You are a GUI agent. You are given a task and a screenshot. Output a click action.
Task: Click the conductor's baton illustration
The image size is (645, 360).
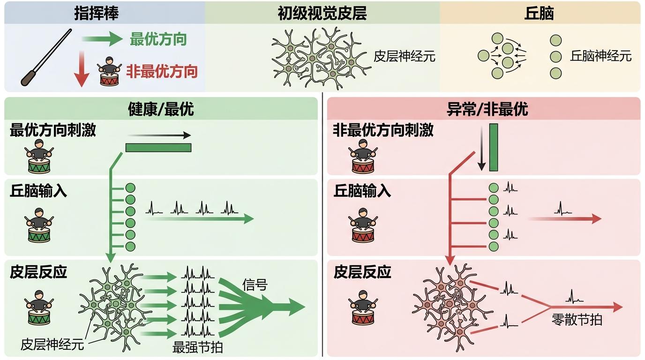coord(46,58)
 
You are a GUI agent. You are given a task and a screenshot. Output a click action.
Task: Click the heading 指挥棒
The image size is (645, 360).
coord(97,13)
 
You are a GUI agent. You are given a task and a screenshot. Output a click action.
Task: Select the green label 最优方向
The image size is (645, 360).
coord(158,39)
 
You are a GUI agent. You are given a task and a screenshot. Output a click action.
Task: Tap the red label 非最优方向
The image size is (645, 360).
coord(162,72)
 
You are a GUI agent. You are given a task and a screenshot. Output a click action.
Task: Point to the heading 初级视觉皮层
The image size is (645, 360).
coord(322,13)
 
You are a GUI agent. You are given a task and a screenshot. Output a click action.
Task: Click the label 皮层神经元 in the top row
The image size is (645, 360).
coord(405,57)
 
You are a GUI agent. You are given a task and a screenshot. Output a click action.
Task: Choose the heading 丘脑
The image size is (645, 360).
coord(539,13)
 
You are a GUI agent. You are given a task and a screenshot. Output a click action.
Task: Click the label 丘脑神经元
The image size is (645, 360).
coord(601,56)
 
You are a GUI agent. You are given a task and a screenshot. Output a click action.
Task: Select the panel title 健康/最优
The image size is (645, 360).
coord(161,109)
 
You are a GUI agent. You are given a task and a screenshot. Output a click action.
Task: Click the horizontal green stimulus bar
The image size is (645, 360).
coord(158,148)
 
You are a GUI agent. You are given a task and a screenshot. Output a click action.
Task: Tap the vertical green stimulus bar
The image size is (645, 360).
coord(493,148)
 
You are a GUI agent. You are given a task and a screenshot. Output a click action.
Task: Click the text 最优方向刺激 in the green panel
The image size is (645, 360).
coord(53,130)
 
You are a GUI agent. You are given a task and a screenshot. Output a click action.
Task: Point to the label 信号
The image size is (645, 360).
coord(255,285)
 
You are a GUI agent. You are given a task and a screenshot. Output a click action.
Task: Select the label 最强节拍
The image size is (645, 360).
coord(197,347)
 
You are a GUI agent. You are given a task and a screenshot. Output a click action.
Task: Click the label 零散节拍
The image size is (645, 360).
coord(577,320)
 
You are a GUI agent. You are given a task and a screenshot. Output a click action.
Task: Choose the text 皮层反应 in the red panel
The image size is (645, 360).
coord(362,272)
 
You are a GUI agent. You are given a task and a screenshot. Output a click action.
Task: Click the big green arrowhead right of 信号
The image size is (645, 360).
coord(295,307)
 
